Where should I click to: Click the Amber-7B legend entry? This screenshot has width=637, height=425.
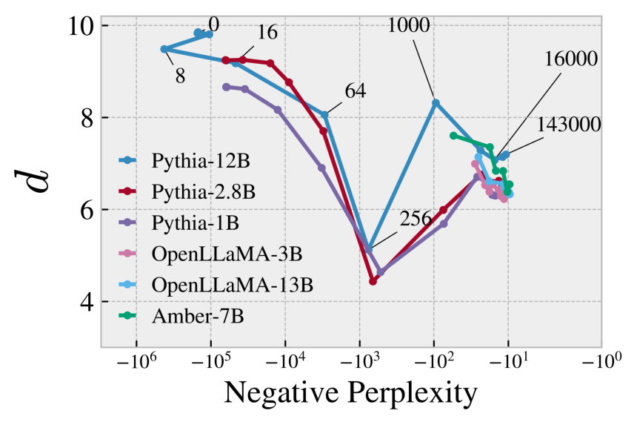click(x=187, y=316)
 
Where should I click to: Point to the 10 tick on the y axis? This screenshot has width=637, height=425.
click(x=79, y=25)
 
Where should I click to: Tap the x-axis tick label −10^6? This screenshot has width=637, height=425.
click(x=136, y=366)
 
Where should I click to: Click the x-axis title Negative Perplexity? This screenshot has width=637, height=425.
click(x=350, y=394)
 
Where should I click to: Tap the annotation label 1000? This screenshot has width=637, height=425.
click(x=407, y=26)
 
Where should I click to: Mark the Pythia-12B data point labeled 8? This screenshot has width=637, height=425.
click(x=164, y=49)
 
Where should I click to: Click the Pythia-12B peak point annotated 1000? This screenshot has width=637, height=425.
click(x=436, y=102)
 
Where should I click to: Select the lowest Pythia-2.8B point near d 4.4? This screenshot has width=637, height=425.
click(x=373, y=281)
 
